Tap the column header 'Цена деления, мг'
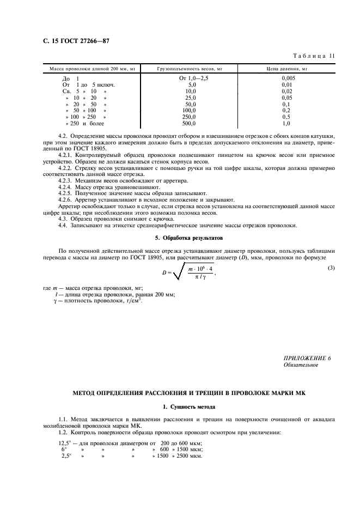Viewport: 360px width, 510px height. (286, 69)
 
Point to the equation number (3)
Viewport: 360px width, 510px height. (331, 267)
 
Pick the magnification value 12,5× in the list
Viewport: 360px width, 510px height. (65, 443)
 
